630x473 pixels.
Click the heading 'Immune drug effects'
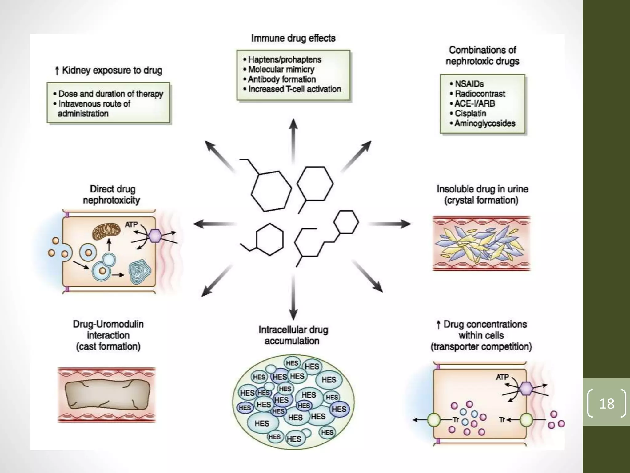click(293, 38)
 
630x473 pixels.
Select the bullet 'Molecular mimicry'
click(281, 70)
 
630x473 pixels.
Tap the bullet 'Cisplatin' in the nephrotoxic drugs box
click(470, 114)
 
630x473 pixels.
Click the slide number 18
click(606, 404)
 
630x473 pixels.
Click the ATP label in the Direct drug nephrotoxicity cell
click(131, 225)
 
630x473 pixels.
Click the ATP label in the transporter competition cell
click(502, 377)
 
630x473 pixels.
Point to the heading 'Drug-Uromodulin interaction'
click(108, 330)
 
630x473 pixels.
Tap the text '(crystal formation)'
click(481, 200)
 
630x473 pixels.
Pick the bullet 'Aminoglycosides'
click(484, 123)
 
